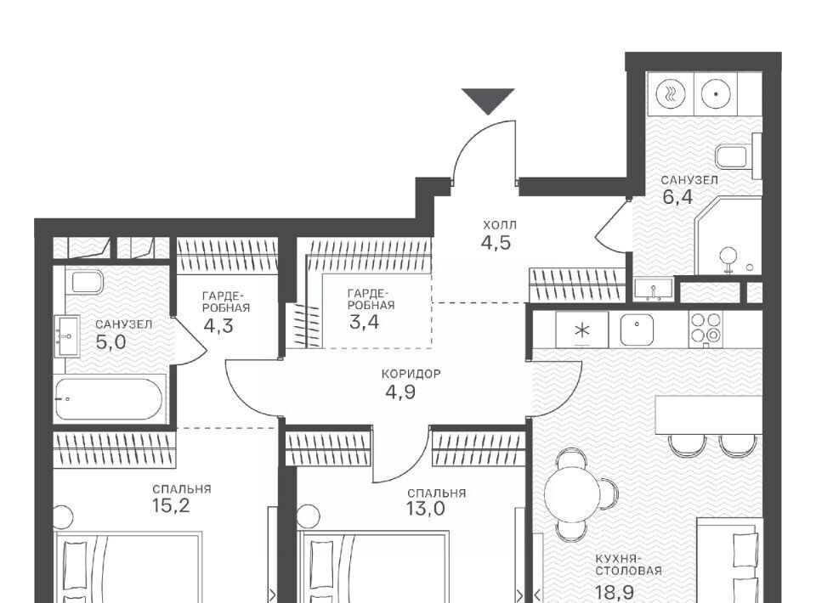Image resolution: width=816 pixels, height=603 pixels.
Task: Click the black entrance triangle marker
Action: [x=488, y=101]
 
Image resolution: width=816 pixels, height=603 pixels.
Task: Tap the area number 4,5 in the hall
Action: [x=496, y=243]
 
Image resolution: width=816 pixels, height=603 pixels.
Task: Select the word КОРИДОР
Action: [x=411, y=374]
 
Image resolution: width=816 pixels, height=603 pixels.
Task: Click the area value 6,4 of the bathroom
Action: [x=677, y=198]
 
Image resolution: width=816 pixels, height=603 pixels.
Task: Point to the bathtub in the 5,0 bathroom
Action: [x=110, y=399]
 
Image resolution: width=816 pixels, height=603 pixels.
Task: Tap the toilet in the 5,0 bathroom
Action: [x=87, y=281]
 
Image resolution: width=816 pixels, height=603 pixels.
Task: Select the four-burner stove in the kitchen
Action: [x=706, y=329]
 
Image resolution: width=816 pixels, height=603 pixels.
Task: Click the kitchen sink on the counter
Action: [x=637, y=330]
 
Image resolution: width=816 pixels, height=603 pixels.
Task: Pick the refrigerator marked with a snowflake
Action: [x=581, y=330]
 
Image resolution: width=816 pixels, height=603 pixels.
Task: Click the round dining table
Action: [x=572, y=490]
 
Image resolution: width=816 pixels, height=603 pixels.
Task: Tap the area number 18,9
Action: [x=615, y=593]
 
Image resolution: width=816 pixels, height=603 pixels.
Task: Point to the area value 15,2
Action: [x=171, y=505]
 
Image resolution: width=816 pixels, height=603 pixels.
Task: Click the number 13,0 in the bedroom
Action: [x=426, y=509]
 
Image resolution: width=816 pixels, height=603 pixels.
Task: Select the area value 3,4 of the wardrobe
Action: [x=365, y=322]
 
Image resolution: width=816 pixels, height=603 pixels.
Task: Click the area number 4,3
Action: [x=218, y=326]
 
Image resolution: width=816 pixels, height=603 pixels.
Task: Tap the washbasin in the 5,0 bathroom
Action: [x=67, y=335]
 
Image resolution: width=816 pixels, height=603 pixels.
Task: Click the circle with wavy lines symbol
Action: [x=671, y=94]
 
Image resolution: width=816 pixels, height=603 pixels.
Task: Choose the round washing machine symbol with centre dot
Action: [x=716, y=94]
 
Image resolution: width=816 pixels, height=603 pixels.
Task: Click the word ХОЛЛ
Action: [x=500, y=226]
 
